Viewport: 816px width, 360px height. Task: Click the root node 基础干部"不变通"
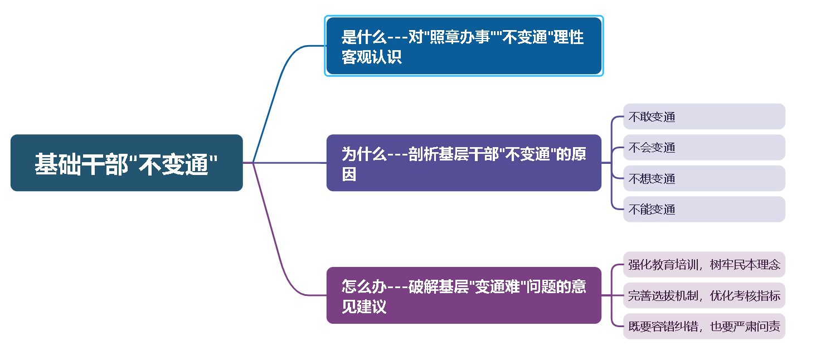(x=127, y=163)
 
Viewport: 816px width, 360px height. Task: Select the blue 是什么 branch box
(x=464, y=46)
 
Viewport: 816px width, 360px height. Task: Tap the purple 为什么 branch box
(x=464, y=163)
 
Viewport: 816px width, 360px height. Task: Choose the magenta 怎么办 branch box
(x=464, y=295)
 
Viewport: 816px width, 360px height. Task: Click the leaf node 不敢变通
(x=703, y=116)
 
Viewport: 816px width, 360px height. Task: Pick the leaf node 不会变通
(x=703, y=148)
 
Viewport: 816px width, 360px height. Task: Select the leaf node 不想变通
(x=703, y=178)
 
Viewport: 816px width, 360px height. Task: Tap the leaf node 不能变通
(x=703, y=210)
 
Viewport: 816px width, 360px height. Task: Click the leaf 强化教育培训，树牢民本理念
(x=703, y=264)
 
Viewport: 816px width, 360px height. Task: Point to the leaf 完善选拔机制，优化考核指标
(x=703, y=295)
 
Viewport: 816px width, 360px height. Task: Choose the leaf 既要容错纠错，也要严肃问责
(x=703, y=326)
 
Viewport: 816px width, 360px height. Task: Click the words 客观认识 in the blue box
(x=372, y=57)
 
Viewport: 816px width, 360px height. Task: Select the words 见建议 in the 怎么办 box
(x=364, y=306)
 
